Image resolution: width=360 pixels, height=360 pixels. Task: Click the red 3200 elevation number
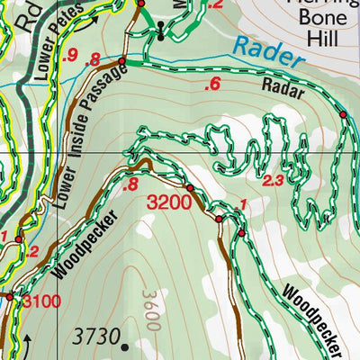point(168,202)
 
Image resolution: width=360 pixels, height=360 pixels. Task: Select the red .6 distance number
point(212,85)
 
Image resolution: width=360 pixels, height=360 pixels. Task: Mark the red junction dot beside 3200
point(190,188)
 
